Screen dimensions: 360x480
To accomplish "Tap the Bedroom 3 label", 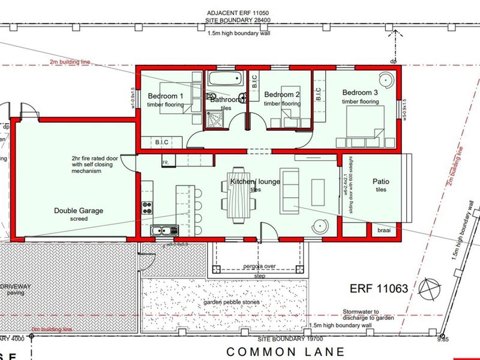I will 361,93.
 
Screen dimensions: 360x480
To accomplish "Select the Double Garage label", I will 79,211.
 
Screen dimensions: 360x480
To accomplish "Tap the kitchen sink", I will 163,230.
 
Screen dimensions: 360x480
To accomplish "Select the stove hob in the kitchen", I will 146,208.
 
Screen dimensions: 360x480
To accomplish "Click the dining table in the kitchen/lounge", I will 238,195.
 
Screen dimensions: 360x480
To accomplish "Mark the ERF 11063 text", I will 379,289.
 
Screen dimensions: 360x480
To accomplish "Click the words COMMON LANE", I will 286,352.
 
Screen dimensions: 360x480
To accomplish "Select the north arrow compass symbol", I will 430,290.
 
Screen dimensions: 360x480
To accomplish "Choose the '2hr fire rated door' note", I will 97,159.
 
